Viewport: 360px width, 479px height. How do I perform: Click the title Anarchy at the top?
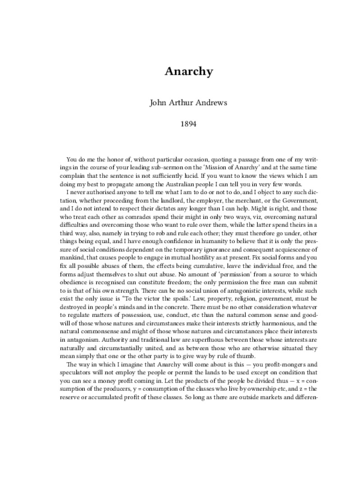pyautogui.click(x=182, y=72)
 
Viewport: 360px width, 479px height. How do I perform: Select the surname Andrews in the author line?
pyautogui.click(x=212, y=102)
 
